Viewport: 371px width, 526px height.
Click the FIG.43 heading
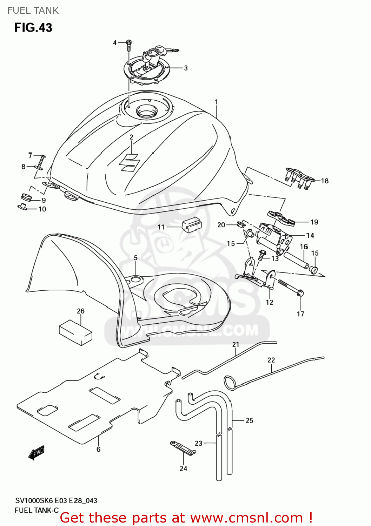click(33, 28)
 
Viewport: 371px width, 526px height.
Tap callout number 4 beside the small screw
click(115, 43)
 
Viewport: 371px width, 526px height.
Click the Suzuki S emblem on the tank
click(130, 162)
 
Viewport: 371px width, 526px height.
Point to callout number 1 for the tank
click(216, 102)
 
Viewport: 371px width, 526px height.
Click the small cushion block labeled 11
click(191, 224)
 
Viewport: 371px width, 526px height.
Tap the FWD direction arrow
click(37, 453)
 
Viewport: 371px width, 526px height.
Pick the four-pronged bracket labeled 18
click(298, 177)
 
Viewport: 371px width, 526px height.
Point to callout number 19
click(314, 222)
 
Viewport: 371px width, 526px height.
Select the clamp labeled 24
click(183, 447)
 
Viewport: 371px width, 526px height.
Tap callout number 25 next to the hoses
click(249, 420)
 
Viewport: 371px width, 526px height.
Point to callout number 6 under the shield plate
click(98, 449)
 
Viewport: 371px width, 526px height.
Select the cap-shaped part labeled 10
click(22, 207)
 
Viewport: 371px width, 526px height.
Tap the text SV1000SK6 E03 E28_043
click(56, 501)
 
